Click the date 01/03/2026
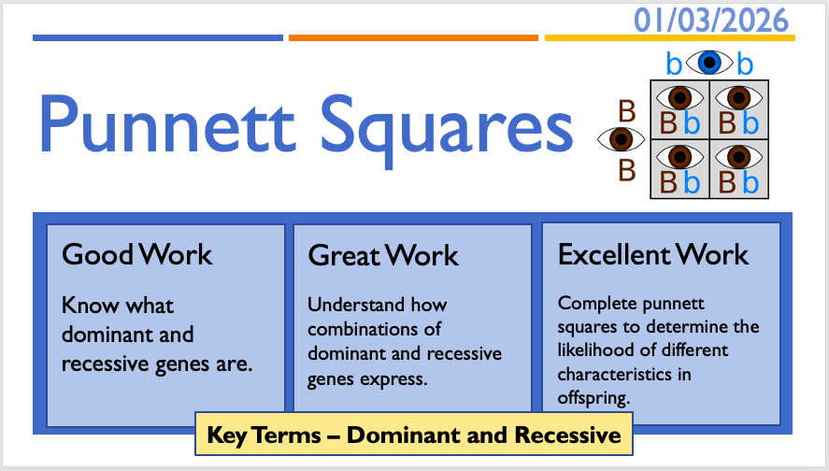[x=711, y=21]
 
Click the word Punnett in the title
[x=166, y=124]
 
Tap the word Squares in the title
[x=447, y=131]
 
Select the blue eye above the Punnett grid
[x=709, y=63]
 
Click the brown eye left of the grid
[x=621, y=139]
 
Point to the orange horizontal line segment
[x=413, y=38]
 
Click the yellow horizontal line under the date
[x=670, y=38]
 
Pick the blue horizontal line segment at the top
[x=158, y=38]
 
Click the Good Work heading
[x=137, y=254]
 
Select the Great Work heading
[x=383, y=255]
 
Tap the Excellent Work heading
[x=653, y=254]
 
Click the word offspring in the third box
[x=593, y=397]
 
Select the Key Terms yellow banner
[x=414, y=434]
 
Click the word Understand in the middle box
[x=356, y=305]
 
